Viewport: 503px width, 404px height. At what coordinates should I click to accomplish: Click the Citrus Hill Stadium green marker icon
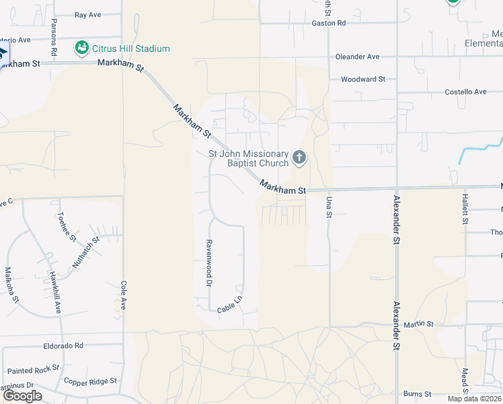[82, 48]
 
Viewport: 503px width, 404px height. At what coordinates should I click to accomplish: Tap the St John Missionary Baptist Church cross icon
[299, 158]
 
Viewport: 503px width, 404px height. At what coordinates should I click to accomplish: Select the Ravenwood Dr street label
[209, 263]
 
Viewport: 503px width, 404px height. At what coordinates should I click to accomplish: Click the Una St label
[330, 207]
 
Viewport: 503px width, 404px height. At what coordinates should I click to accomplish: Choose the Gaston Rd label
[328, 23]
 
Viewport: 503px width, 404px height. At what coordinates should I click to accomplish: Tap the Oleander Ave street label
[357, 57]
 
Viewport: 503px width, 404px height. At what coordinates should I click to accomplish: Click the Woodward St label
[362, 79]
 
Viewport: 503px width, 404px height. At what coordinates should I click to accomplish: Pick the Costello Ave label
[465, 92]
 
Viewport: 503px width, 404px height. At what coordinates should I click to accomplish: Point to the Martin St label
[419, 324]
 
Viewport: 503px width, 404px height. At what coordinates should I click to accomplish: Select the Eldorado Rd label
[60, 345]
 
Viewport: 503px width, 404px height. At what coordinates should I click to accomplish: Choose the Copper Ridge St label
[90, 381]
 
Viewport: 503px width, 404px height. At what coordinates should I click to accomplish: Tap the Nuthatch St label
[86, 252]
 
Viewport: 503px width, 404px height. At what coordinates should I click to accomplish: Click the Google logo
[22, 396]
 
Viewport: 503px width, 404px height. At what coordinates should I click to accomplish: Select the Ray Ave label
[87, 14]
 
